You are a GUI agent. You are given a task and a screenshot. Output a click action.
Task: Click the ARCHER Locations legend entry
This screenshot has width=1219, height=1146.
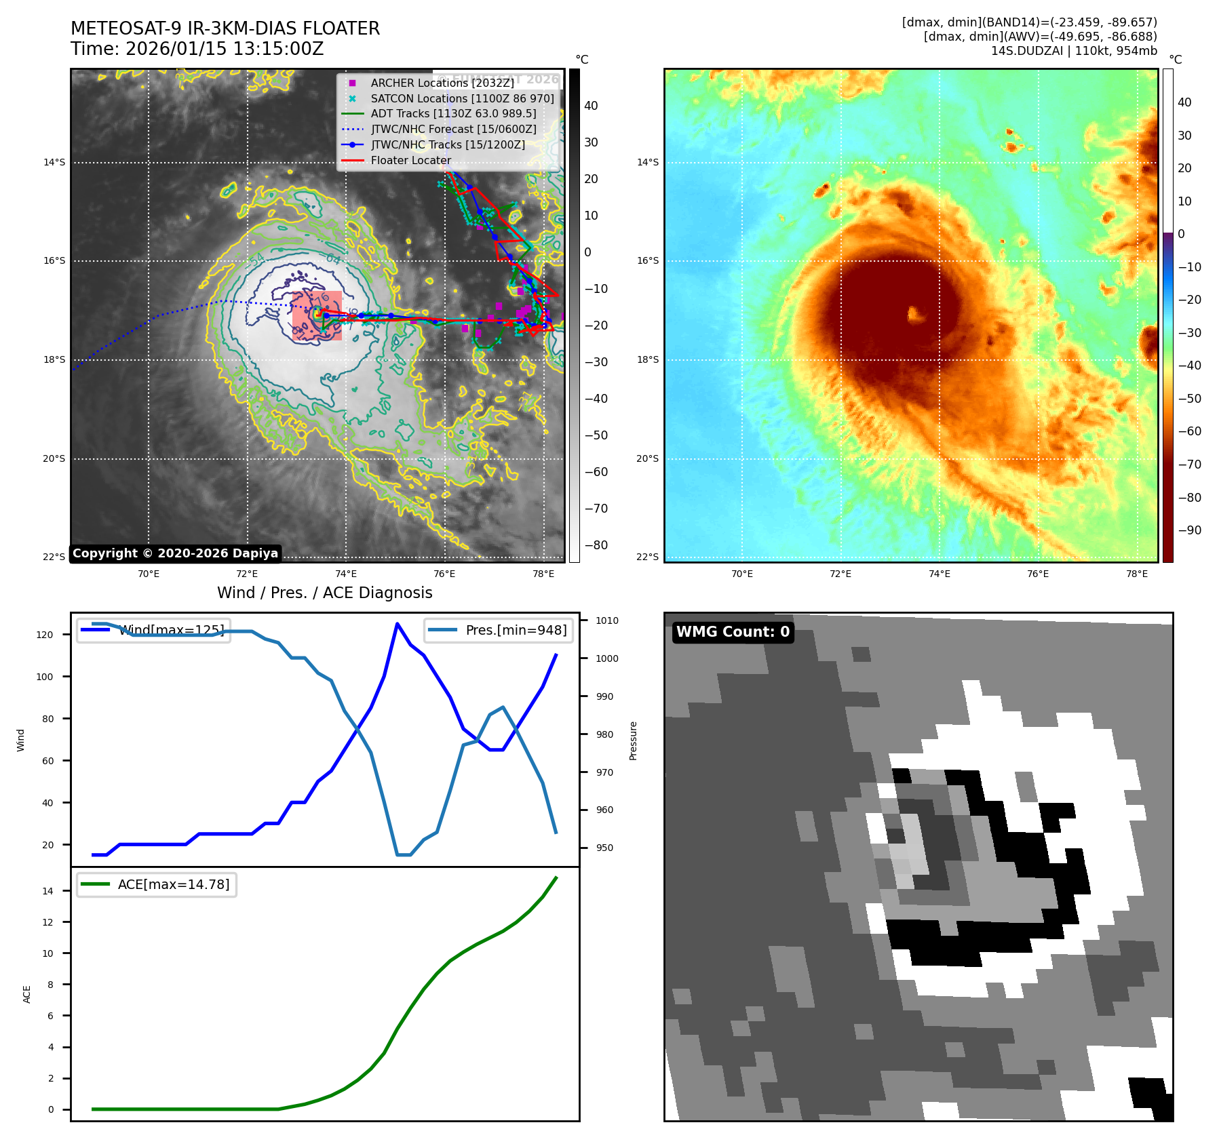[x=442, y=83]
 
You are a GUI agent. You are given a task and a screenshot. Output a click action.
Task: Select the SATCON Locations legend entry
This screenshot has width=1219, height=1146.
[x=462, y=98]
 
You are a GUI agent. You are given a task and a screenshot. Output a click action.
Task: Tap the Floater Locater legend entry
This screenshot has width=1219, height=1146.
[x=410, y=161]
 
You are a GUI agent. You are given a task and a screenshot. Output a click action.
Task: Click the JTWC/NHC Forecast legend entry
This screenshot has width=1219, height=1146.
[x=453, y=130]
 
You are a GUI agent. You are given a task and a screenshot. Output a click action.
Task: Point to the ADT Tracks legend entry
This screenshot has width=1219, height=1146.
[x=453, y=114]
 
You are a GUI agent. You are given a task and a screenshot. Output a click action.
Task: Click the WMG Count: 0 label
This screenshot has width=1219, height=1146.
[x=733, y=632]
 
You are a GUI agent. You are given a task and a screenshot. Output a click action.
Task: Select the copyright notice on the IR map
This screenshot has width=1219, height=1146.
[x=175, y=553]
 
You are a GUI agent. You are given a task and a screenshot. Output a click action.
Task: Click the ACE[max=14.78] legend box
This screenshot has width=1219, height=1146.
[x=157, y=884]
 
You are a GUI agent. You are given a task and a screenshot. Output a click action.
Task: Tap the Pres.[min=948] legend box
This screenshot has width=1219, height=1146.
[x=499, y=630]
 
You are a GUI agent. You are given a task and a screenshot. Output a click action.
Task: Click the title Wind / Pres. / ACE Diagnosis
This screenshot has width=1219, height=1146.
[x=324, y=593]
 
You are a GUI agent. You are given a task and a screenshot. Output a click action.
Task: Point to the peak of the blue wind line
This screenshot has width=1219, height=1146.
[x=397, y=624]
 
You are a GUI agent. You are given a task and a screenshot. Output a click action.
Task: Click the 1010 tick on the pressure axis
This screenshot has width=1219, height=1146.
[x=607, y=620]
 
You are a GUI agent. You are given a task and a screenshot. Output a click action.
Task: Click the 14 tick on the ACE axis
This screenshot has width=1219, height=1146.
[x=47, y=891]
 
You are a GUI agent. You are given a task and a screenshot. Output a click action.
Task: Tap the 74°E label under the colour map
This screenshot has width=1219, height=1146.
[x=939, y=574]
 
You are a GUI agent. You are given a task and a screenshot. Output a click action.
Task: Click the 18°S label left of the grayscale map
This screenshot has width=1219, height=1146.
[x=54, y=360]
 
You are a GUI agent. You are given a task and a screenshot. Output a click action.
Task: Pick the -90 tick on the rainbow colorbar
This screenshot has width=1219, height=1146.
[x=1189, y=530]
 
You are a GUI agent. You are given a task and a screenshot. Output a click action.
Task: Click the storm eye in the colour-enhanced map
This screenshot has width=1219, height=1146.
[x=916, y=313]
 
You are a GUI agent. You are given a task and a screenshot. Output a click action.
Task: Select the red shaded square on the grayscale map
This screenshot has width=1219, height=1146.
[x=317, y=315]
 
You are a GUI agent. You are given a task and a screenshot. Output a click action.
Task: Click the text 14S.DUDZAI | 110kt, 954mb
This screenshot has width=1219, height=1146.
[x=1074, y=51]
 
